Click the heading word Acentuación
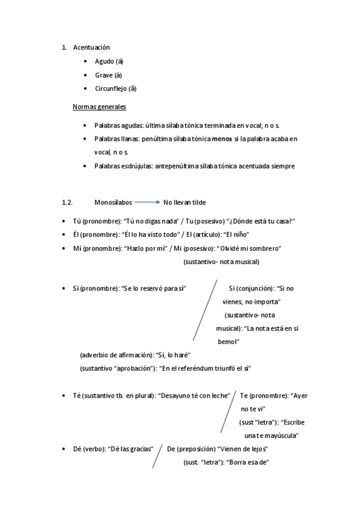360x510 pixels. (91, 47)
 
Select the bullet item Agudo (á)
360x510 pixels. (109, 61)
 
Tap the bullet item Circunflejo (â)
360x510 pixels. (115, 89)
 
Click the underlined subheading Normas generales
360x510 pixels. (99, 107)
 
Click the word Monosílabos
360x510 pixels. (113, 203)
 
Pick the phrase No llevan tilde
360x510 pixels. (185, 203)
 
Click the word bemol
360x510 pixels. (228, 342)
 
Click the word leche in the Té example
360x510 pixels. (220, 396)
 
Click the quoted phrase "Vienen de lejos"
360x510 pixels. (243, 449)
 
